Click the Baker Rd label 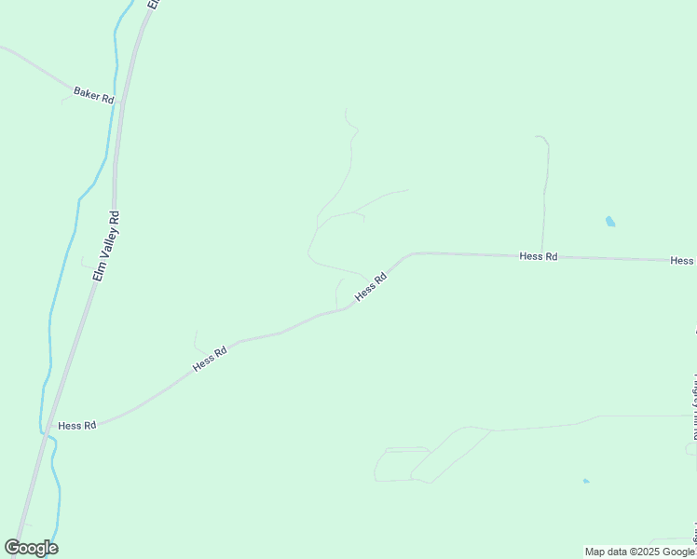(x=93, y=96)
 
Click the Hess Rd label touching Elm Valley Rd (x=77, y=426)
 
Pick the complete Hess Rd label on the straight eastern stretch (x=539, y=256)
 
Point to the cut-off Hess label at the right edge (x=682, y=261)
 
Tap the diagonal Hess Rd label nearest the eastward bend (x=370, y=288)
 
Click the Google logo (x=31, y=548)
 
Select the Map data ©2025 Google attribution (x=639, y=552)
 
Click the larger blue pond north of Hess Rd (x=610, y=222)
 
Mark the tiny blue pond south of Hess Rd (x=585, y=481)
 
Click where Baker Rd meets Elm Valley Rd (x=120, y=102)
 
